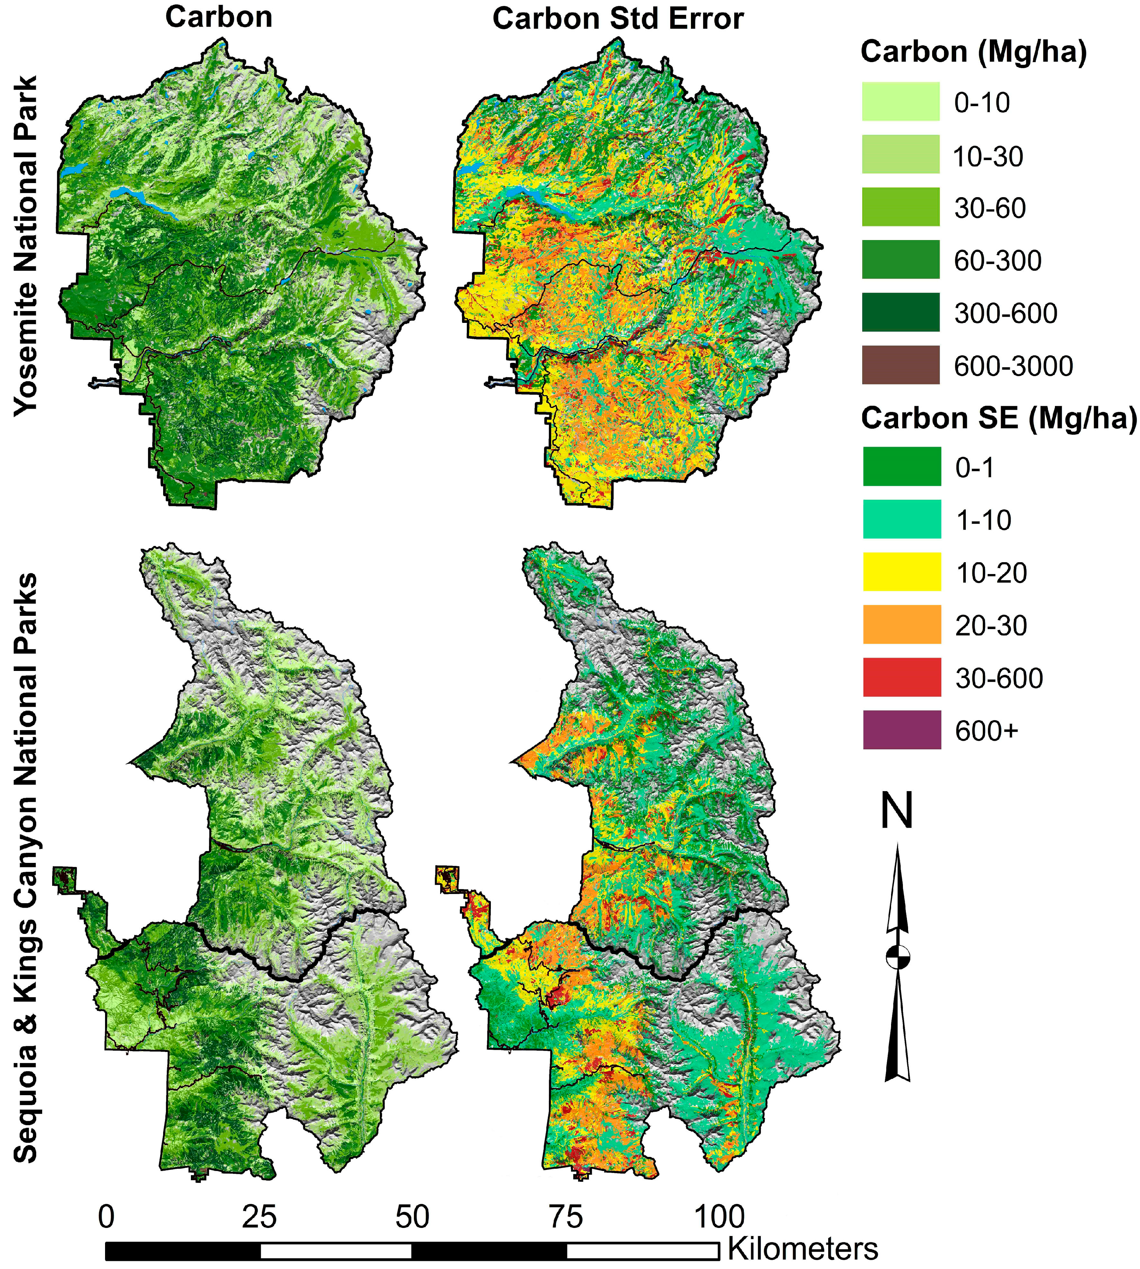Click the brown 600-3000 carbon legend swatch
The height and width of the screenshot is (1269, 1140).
[x=900, y=365]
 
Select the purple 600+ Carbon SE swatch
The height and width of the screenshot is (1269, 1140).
[x=901, y=730]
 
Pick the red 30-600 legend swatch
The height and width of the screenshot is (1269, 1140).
[x=901, y=677]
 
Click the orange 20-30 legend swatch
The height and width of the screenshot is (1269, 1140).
[x=901, y=624]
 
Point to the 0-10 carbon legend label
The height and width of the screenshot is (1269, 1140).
[x=982, y=102]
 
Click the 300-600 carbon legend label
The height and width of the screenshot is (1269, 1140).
[x=1005, y=313]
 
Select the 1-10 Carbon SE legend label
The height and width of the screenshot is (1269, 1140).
[x=983, y=520]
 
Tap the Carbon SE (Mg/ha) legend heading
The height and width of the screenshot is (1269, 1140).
[x=998, y=418]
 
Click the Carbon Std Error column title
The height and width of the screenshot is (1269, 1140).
[x=618, y=19]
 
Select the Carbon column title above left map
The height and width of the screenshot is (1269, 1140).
[x=219, y=17]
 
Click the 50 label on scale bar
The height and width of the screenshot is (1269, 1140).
[x=412, y=1216]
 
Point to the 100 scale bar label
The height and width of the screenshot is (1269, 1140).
[x=719, y=1216]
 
